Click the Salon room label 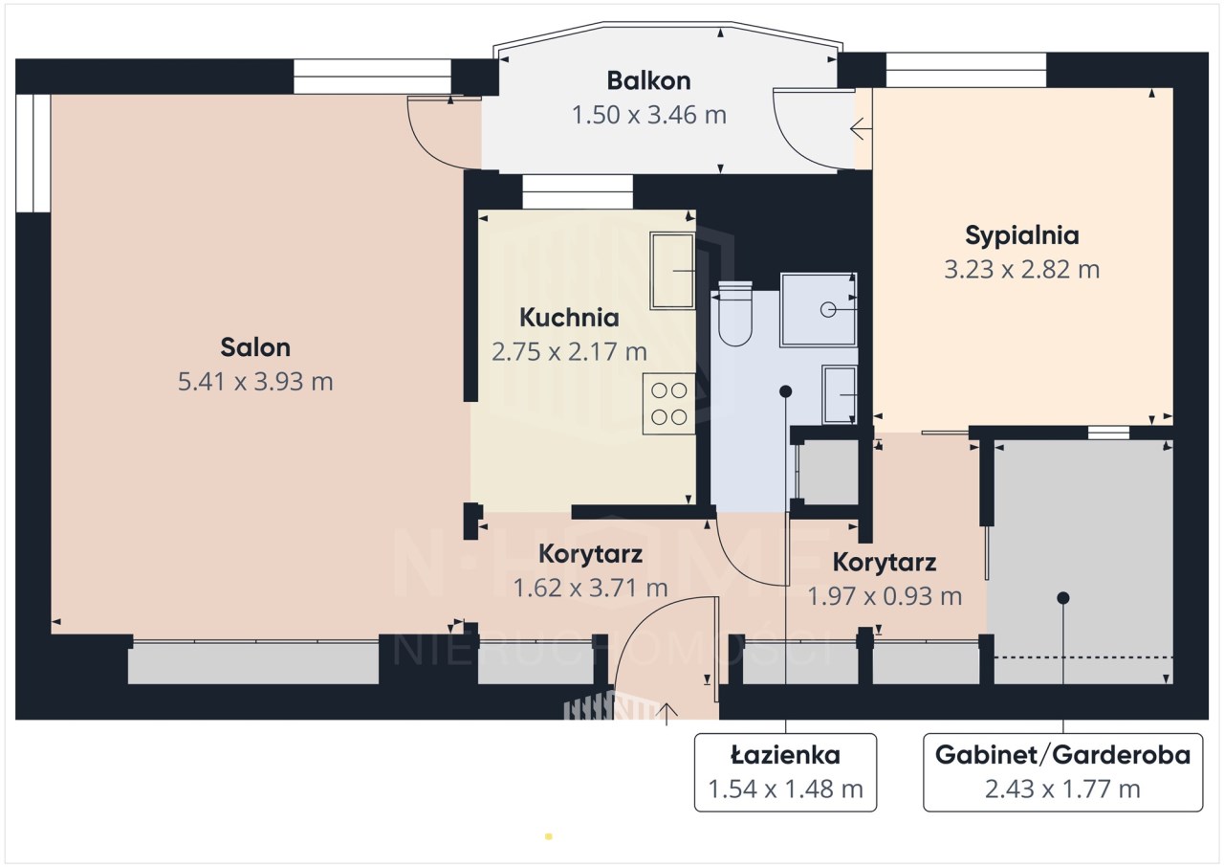255,347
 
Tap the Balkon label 648,81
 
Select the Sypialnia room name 1022,235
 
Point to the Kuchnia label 569,318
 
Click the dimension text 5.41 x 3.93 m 255,382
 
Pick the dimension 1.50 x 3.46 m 648,115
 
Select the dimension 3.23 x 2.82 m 1022,270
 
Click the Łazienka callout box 785,772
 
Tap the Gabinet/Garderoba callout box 1062,772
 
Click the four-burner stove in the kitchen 668,404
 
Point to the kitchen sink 672,271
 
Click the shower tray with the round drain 819,310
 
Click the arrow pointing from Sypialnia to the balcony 861,129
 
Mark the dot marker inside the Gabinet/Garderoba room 1062,598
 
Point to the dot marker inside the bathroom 786,391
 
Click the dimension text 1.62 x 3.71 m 590,589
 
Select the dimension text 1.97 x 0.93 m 885,596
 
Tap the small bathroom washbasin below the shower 840,394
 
